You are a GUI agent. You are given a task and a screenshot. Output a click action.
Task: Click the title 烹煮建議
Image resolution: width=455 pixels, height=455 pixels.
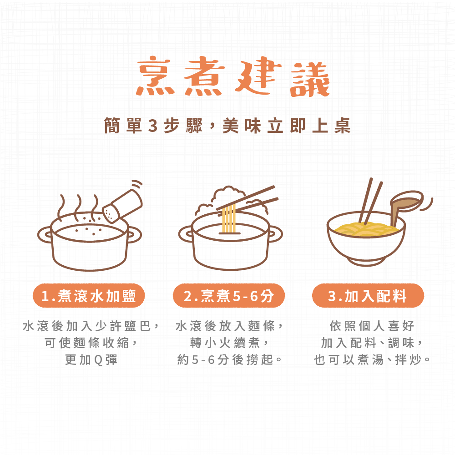233,76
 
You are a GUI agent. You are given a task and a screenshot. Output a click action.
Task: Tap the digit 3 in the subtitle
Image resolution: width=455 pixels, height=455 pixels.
152,126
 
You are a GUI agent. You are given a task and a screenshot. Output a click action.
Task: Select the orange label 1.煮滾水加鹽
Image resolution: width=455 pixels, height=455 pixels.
89,296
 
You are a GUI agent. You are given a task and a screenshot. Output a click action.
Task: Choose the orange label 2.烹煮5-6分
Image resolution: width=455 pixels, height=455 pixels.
229,296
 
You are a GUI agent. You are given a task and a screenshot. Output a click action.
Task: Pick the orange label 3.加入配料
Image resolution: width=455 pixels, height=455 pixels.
368,296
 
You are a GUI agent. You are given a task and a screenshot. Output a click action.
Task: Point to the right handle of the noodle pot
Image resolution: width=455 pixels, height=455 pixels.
275,234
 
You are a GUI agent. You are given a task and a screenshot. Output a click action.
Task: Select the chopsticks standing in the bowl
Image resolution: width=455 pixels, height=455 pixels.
370,201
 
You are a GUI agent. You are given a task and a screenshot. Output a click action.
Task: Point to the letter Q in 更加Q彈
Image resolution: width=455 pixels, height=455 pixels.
99,360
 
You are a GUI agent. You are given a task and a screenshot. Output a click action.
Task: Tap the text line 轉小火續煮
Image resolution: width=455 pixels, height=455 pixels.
229,343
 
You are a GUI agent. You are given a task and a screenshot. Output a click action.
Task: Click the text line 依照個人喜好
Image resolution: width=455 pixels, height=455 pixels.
372,326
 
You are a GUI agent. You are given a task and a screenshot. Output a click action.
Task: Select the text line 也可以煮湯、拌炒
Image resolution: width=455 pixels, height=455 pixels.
372,360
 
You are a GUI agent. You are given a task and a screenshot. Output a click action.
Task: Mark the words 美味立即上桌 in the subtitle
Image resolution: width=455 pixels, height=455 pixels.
287,126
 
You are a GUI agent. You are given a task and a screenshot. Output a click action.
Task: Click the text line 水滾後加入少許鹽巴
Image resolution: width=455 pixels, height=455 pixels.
91,326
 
